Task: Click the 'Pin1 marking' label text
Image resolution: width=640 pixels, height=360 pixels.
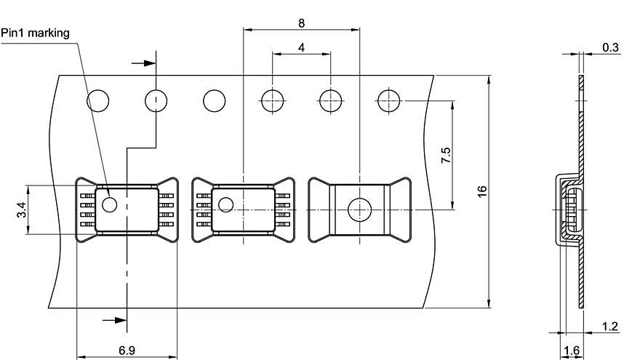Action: click(x=34, y=33)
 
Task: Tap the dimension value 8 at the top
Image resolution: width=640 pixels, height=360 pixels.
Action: click(x=301, y=22)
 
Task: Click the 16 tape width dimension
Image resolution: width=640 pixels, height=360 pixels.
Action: click(x=481, y=191)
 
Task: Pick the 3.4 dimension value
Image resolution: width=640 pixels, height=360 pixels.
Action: click(x=23, y=210)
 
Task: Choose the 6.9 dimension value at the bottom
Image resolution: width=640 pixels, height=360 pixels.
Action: click(x=127, y=350)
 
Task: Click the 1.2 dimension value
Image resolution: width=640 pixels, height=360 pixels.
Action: click(x=610, y=327)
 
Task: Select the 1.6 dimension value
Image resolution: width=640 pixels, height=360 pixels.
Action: click(x=572, y=351)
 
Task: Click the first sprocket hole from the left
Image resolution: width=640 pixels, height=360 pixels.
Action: click(x=98, y=100)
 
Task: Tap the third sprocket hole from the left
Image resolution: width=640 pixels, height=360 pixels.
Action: click(x=215, y=100)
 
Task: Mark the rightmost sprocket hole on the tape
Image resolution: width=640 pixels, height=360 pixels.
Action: click(x=389, y=100)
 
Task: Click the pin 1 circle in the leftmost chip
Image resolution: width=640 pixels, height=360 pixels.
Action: click(x=109, y=204)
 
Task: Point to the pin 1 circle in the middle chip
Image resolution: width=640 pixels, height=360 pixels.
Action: click(x=227, y=204)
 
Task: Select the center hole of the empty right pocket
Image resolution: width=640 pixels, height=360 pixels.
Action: click(x=360, y=209)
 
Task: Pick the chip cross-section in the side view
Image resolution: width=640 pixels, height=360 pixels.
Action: click(x=572, y=209)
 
